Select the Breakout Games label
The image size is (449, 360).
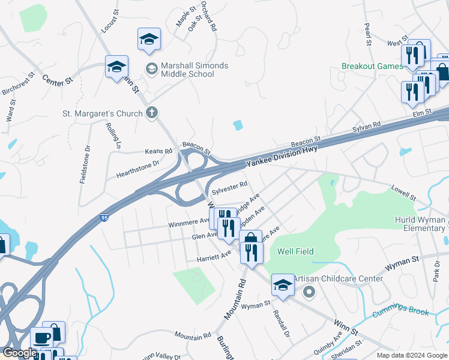(x=372, y=66)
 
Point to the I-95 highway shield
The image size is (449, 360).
(x=104, y=217)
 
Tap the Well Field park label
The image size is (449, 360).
(x=295, y=251)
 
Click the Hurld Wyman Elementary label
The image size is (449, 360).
(x=420, y=224)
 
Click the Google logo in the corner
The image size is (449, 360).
(x=19, y=353)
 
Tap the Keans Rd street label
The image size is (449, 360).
(x=158, y=152)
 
